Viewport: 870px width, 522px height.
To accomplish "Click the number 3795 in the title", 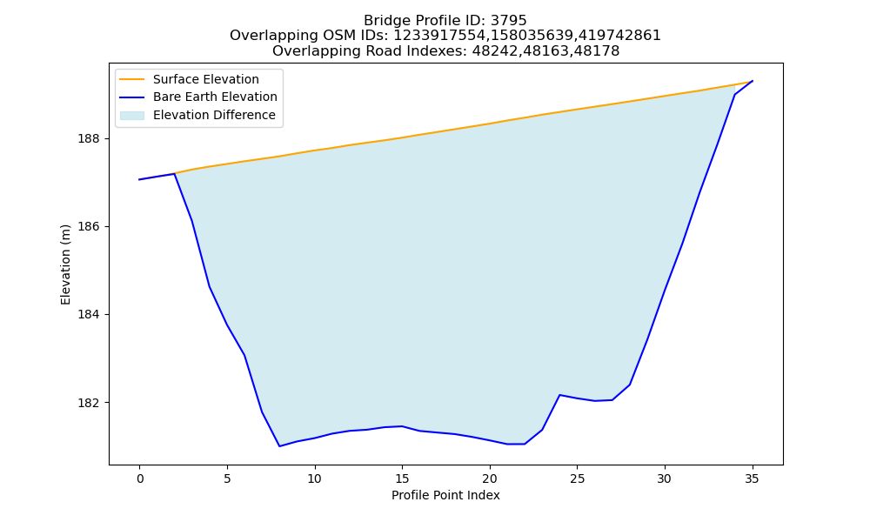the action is tap(508, 21).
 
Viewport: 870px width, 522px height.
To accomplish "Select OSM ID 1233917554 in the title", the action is tap(440, 36).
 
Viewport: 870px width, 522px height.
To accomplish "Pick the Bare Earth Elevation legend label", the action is tap(215, 97).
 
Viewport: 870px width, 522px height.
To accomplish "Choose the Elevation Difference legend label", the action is tap(214, 115).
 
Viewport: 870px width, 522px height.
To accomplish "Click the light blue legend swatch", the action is tap(132, 116).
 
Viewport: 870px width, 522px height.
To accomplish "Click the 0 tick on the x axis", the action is tap(140, 478).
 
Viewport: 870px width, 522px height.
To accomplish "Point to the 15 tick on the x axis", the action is tap(402, 478).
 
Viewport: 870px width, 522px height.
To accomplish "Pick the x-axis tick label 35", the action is tap(752, 478).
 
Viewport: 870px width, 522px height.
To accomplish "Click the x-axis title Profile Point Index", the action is tap(445, 495).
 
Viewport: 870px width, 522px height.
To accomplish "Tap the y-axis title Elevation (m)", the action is tap(66, 264).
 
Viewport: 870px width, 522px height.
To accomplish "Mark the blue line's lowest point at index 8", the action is tap(279, 446).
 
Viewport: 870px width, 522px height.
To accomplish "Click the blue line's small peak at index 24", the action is tap(559, 395).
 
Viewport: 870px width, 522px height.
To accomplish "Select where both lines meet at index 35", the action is tap(753, 81).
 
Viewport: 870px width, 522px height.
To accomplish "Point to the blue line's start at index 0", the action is tap(140, 180).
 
